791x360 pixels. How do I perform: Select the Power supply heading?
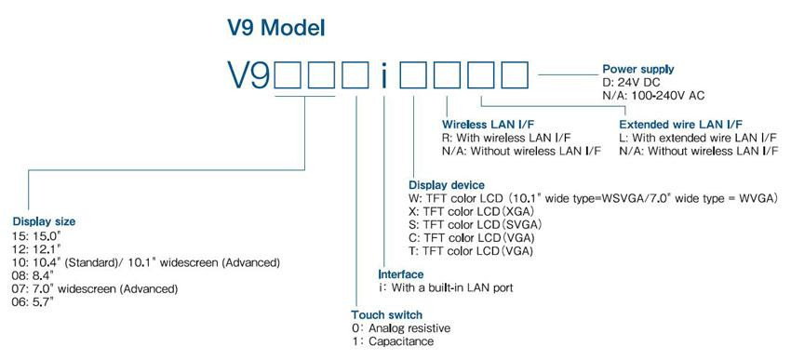[x=637, y=69]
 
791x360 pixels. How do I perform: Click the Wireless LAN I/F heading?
[x=489, y=123]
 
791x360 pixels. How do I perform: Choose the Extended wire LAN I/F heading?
[x=680, y=123]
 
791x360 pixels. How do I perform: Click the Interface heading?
[x=401, y=274]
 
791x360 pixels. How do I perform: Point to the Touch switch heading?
[x=386, y=314]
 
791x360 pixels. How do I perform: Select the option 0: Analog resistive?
[x=401, y=328]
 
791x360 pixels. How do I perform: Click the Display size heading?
[x=44, y=221]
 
